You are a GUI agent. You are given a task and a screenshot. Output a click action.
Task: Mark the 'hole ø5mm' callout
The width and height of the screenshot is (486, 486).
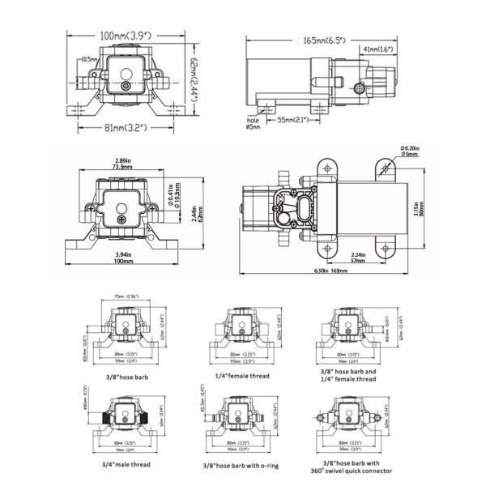pyautogui.click(x=254, y=122)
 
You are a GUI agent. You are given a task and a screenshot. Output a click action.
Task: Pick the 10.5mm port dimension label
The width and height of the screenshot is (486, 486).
pyautogui.click(x=89, y=59)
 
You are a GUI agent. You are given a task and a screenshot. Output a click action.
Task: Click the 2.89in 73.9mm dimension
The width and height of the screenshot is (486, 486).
pyautogui.click(x=123, y=163)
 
